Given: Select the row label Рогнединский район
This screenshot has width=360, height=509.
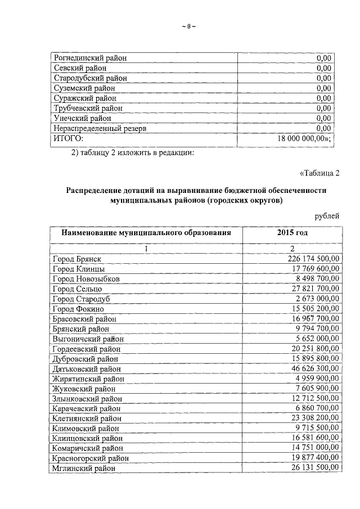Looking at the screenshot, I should (90, 57).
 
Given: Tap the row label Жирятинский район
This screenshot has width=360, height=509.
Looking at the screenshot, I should (88, 378).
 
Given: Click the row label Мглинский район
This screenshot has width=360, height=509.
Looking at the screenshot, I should (83, 468).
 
